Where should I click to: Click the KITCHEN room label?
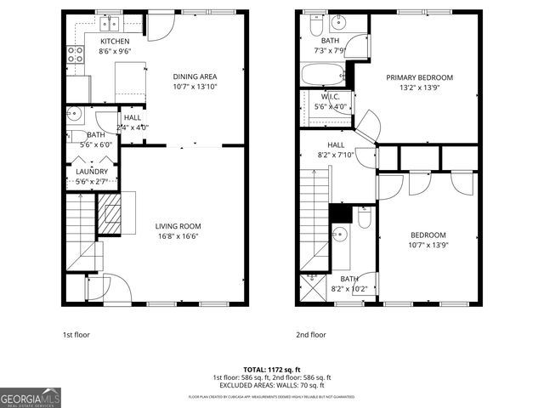pos(115,41)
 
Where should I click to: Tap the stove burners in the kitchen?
pos(76,55)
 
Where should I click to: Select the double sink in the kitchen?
pos(111,25)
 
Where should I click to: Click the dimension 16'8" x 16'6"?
pos(178,237)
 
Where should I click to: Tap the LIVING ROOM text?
pos(178,226)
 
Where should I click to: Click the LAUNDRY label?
pos(92,171)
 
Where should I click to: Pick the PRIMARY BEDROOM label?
pos(419,77)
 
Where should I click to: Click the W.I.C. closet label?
pos(331,97)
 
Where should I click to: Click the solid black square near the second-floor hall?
pos(339,212)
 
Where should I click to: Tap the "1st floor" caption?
pos(76,335)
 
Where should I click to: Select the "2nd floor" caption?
pos(311,335)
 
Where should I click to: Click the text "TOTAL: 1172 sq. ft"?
pos(271,370)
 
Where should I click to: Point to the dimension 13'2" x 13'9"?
pos(419,88)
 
